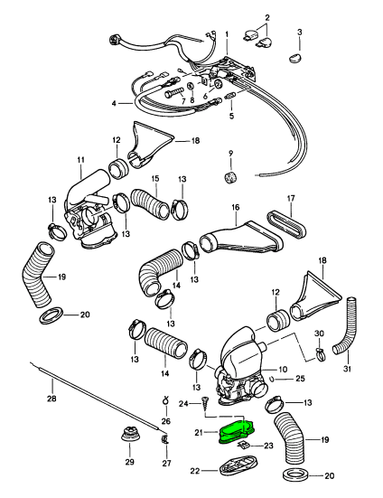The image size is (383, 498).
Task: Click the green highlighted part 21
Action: pos(236,431)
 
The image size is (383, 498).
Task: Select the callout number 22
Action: pos(195,470)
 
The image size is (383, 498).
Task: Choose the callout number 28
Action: pos(51,398)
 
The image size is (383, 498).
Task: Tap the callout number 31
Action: pos(347,369)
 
